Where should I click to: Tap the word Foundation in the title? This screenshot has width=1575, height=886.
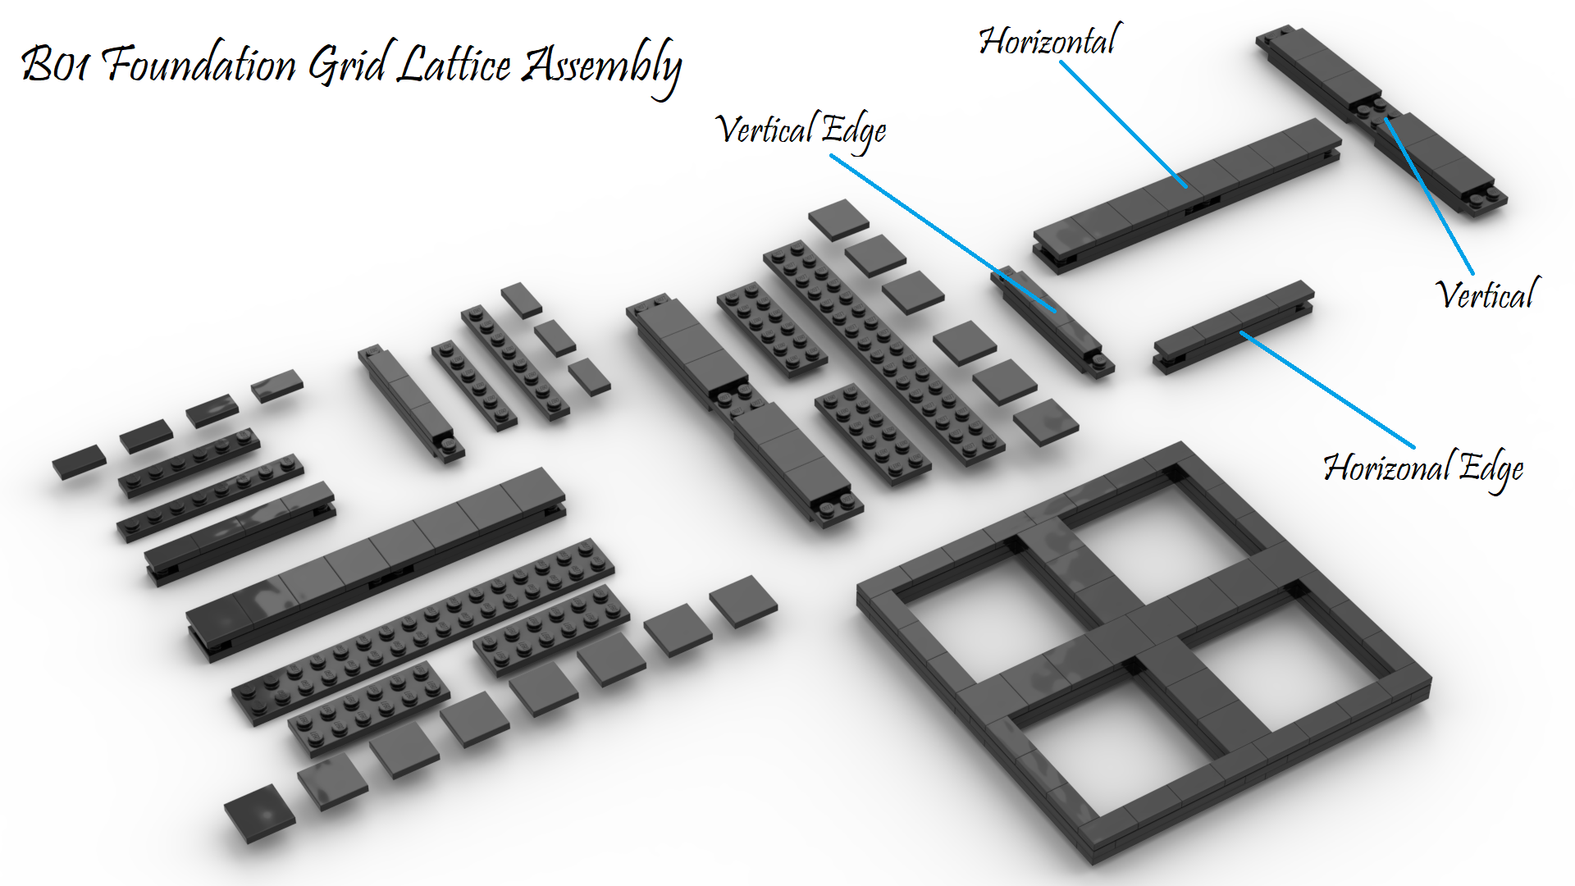click(x=201, y=64)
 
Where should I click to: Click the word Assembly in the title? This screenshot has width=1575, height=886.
click(x=603, y=66)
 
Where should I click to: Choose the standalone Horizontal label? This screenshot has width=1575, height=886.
click(x=1049, y=41)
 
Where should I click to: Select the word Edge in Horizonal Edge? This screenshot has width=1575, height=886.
click(x=1492, y=469)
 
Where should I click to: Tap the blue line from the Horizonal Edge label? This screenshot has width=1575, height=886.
click(x=1329, y=390)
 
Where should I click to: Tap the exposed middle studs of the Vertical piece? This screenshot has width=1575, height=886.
click(x=1372, y=109)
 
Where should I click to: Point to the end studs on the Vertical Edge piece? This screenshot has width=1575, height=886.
click(x=1099, y=361)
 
